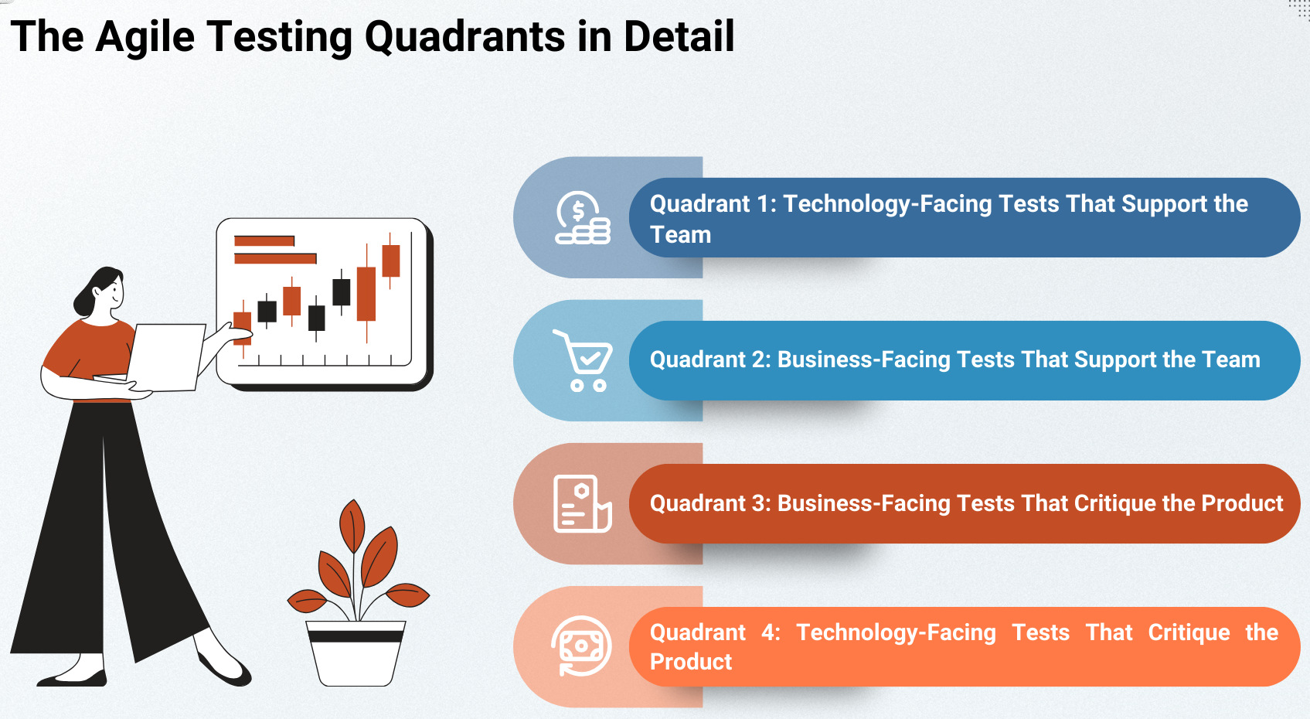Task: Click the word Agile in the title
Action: (145, 37)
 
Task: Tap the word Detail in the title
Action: (679, 36)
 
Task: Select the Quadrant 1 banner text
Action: (948, 219)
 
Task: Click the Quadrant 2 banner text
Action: (954, 359)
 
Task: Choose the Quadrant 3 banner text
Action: (966, 503)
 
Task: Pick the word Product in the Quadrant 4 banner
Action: (691, 662)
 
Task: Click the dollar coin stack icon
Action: (583, 217)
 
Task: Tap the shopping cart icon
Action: (583, 360)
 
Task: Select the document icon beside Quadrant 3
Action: (583, 504)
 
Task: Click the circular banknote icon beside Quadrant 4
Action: (581, 646)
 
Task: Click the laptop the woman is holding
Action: (165, 357)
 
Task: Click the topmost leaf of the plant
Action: (352, 526)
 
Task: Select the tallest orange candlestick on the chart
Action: (366, 294)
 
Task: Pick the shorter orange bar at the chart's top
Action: (264, 241)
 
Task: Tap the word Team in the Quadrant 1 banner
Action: (681, 234)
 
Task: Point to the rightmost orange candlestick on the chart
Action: (390, 261)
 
